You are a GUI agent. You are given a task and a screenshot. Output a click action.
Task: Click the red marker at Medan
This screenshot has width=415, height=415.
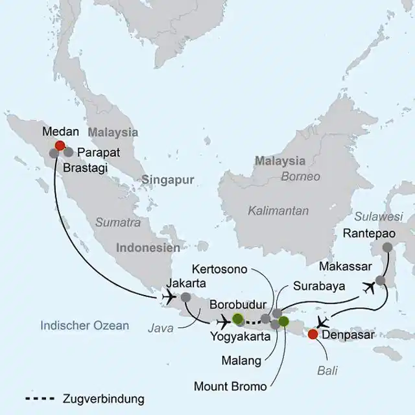point(60,146)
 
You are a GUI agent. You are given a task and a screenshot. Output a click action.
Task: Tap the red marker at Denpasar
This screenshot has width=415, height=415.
point(313,335)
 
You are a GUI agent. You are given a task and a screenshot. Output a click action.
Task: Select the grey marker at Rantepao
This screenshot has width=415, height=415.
point(388,247)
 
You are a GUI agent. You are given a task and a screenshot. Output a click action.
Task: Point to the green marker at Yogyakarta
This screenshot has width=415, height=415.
point(238,318)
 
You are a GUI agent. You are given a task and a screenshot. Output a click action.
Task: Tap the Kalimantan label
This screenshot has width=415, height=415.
point(278,211)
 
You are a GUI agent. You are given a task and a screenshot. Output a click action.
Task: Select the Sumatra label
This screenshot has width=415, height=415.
point(118,222)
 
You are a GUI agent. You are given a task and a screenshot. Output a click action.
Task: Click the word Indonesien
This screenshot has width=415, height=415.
point(148,248)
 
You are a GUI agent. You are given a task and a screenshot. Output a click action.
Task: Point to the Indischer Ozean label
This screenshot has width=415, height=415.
point(84,326)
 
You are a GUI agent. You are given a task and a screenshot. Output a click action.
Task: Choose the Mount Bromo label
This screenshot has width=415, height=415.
point(230,386)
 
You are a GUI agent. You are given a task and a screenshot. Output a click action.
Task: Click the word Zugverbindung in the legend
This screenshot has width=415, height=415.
point(104,398)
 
